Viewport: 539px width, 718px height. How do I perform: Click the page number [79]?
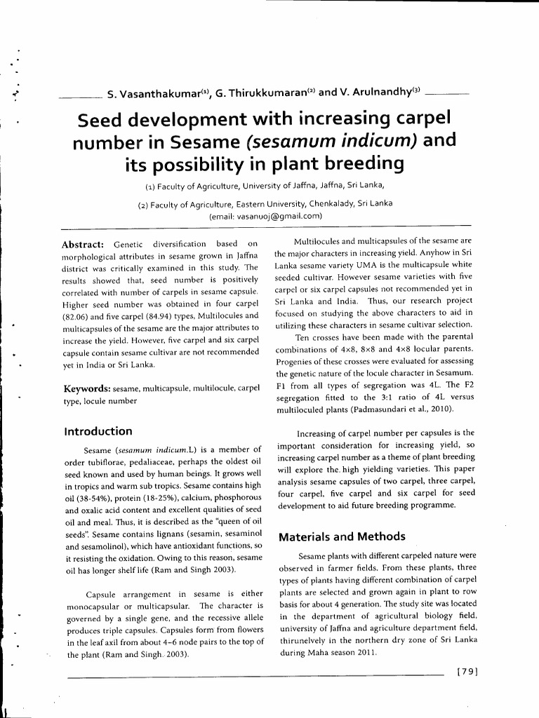pyautogui.click(x=467, y=670)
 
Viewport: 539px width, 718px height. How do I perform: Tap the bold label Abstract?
pyautogui.click(x=84, y=243)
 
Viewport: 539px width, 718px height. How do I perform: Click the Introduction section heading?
pyautogui.click(x=98, y=431)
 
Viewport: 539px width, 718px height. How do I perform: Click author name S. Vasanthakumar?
pyautogui.click(x=152, y=93)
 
